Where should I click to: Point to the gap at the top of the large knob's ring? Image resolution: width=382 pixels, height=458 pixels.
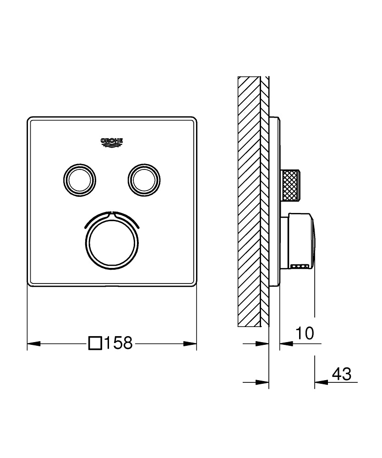tap(112, 213)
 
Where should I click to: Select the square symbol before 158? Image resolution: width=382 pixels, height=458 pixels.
tap(95, 343)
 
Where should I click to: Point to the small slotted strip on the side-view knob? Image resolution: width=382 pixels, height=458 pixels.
tap(300, 265)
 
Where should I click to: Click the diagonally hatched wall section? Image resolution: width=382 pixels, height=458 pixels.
tap(249, 202)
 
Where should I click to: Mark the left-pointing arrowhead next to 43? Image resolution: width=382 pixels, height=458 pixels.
tap(321, 381)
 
